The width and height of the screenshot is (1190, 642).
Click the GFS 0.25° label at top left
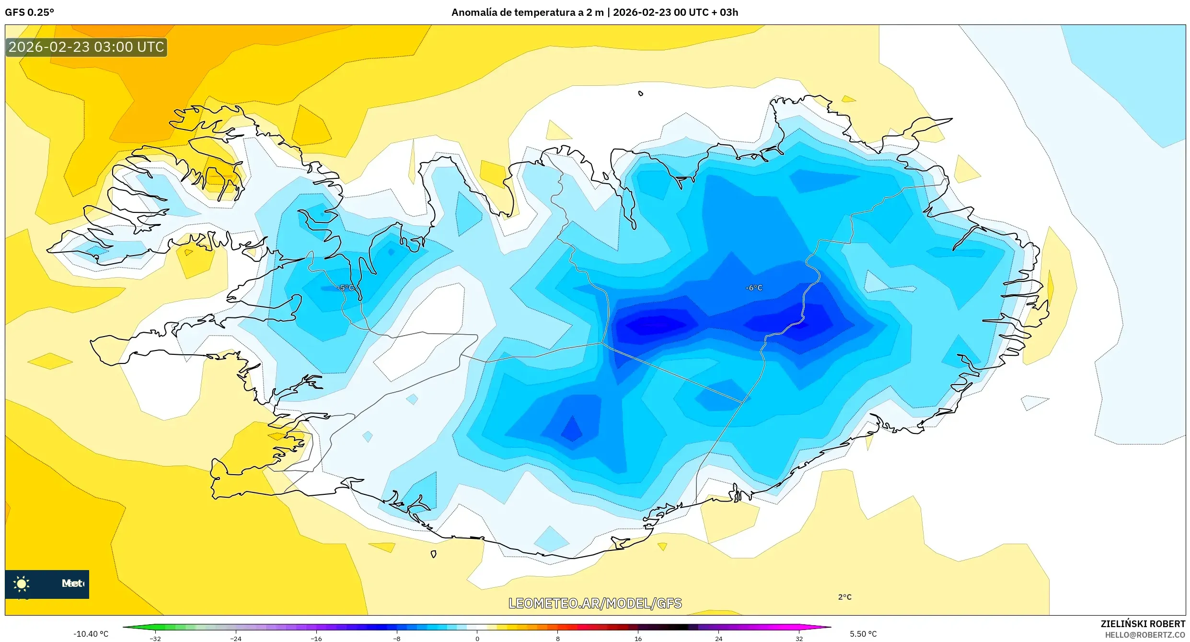pyautogui.click(x=29, y=12)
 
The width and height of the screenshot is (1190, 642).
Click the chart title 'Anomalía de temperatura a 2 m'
pyautogui.click(x=527, y=12)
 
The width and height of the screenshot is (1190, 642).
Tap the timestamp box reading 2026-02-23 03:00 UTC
pyautogui.click(x=86, y=47)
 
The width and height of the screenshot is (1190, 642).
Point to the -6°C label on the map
pyautogui.click(x=753, y=288)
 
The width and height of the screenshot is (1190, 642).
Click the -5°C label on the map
pyautogui.click(x=346, y=288)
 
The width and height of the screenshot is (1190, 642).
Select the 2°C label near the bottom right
pyautogui.click(x=844, y=597)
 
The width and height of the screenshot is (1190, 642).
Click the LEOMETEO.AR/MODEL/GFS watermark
pyautogui.click(x=595, y=603)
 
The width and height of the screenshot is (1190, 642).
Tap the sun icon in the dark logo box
pyautogui.click(x=22, y=584)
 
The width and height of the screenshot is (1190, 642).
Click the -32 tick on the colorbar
pyautogui.click(x=155, y=638)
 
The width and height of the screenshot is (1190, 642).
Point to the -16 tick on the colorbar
pyautogui.click(x=316, y=638)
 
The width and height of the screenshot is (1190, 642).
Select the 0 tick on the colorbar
pyautogui.click(x=477, y=638)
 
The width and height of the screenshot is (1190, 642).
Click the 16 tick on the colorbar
pyautogui.click(x=638, y=638)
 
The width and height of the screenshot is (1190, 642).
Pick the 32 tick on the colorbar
pyautogui.click(x=799, y=638)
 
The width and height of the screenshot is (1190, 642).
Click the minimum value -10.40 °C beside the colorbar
pyautogui.click(x=91, y=634)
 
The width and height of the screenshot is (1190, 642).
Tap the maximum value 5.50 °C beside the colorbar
pyautogui.click(x=863, y=634)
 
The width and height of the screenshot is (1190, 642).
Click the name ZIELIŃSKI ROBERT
pyautogui.click(x=1143, y=624)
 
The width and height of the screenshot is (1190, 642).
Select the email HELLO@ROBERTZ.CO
pyautogui.click(x=1145, y=635)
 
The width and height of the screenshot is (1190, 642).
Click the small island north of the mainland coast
pyautogui.click(x=641, y=93)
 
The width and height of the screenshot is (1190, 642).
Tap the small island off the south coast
pyautogui.click(x=433, y=554)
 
